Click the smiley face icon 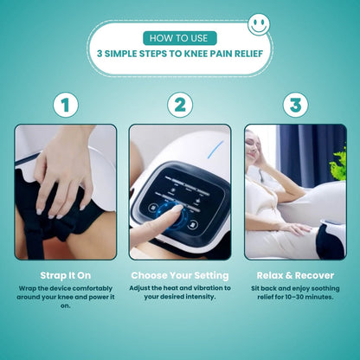pyautogui.click(x=259, y=24)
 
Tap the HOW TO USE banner pyautogui.click(x=179, y=38)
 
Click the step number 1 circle pyautogui.click(x=64, y=106)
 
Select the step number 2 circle pyautogui.click(x=179, y=106)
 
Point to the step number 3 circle pyautogui.click(x=295, y=106)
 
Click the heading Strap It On pyautogui.click(x=65, y=275)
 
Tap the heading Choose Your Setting pyautogui.click(x=180, y=275)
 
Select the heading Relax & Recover pyautogui.click(x=295, y=275)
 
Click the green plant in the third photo pyautogui.click(x=337, y=160)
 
